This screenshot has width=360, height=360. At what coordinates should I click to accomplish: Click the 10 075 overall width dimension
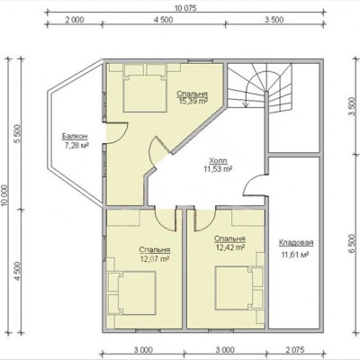tap(185, 8)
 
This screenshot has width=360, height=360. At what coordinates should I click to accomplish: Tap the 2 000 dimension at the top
tap(75, 20)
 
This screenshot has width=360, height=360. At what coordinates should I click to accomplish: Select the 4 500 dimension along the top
tap(164, 20)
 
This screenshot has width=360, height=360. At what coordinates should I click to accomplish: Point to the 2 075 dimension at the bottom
tap(295, 350)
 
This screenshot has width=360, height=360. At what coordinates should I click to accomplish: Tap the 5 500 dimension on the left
tap(17, 134)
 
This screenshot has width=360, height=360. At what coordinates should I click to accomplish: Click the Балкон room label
tap(75, 137)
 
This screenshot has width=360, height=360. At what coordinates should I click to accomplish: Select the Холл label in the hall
tap(218, 160)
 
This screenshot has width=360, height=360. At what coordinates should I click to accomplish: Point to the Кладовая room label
tap(296, 243)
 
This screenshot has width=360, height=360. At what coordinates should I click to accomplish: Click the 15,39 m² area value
tap(193, 101)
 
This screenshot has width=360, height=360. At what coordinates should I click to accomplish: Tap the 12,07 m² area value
tap(155, 258)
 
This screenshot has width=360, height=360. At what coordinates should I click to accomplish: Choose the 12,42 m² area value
tap(230, 247)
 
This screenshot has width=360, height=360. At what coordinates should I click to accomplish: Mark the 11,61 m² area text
tap(295, 256)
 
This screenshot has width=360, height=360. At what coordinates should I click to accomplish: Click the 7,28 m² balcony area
tap(77, 146)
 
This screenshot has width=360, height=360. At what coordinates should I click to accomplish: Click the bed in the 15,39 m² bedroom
tap(145, 88)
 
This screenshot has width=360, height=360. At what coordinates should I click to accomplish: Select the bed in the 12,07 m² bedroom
tap(132, 293)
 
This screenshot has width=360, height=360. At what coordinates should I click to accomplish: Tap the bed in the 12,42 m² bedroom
tap(239, 288)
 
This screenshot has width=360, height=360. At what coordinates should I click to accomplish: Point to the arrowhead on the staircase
tap(247, 104)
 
